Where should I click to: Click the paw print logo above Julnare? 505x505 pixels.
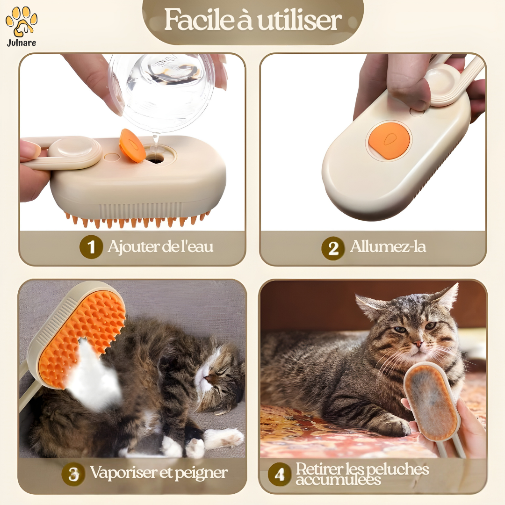[22, 21]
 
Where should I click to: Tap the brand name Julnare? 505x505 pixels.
[21, 43]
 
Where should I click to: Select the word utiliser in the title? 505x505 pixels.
[299, 21]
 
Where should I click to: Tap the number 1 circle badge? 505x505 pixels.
[91, 247]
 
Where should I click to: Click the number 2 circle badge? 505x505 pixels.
[333, 248]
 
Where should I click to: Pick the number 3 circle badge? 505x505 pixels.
[73, 474]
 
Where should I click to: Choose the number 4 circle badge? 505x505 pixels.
[279, 474]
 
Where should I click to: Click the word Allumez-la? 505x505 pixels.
[388, 247]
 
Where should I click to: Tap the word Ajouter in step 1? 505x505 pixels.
[133, 247]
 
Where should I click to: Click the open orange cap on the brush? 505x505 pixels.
[132, 145]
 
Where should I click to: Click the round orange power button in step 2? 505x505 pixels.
[389, 140]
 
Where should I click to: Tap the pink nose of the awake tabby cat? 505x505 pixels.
[418, 343]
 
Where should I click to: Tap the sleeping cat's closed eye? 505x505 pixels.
[218, 374]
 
